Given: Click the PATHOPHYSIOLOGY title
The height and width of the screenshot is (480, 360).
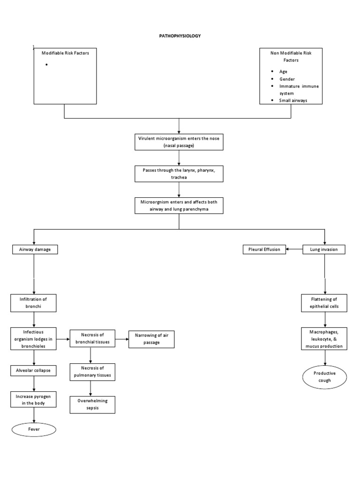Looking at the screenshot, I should (x=180, y=36).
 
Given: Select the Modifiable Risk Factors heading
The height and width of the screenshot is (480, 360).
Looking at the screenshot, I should (x=66, y=53).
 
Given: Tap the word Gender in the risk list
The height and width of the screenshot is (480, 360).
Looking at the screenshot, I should (x=287, y=79).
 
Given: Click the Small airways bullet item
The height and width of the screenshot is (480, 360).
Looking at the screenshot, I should (x=293, y=100).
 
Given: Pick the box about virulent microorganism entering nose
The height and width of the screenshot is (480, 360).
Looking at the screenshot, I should (x=179, y=142).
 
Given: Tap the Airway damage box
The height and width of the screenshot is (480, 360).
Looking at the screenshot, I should (x=34, y=250).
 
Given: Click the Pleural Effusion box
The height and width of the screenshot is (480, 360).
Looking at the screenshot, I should (x=264, y=250).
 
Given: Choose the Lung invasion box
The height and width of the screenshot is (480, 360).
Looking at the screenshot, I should (x=324, y=250).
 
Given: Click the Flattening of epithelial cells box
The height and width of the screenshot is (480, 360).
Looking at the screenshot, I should (x=324, y=303).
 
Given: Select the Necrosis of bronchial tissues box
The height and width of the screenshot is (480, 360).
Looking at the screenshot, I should (x=92, y=337).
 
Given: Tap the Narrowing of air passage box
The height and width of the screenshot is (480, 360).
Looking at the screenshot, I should (x=151, y=339).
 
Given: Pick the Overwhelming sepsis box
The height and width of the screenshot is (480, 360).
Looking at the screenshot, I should (x=92, y=405).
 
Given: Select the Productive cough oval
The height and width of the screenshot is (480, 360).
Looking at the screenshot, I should (x=324, y=377).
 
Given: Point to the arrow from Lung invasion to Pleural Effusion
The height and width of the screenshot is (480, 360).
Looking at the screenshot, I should (x=294, y=250).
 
